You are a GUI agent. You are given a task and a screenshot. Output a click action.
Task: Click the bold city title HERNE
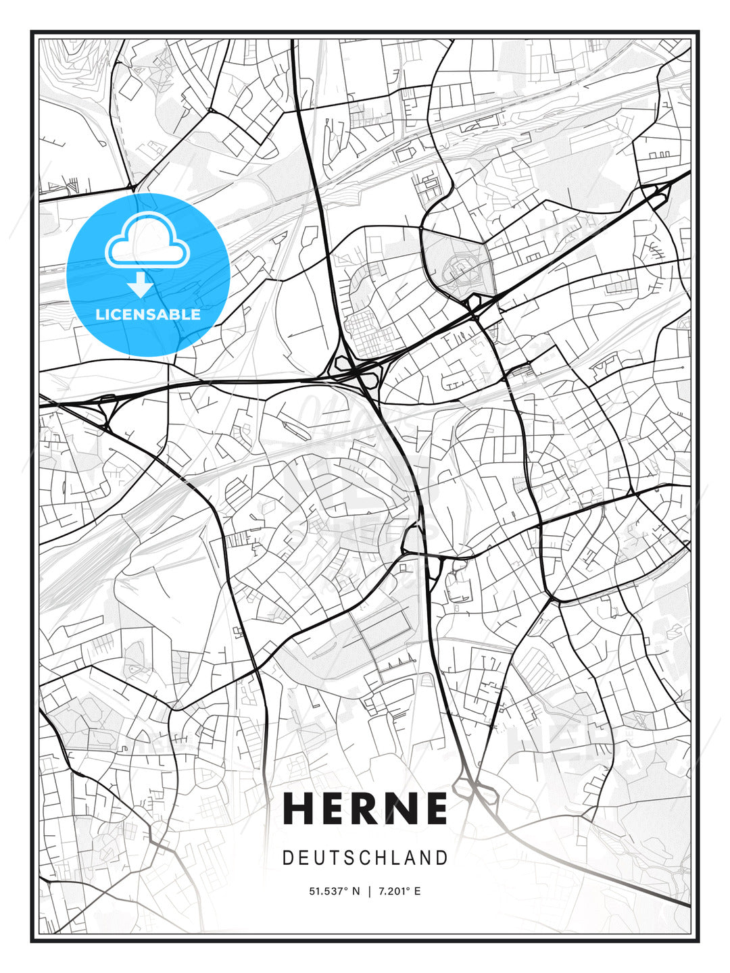(365, 808)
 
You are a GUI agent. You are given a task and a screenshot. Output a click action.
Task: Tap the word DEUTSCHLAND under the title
(365, 858)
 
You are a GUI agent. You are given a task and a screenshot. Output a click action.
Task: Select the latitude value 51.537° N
(335, 891)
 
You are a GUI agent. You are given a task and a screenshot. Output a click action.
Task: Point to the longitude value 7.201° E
(399, 891)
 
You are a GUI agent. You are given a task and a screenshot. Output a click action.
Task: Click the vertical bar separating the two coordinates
(369, 891)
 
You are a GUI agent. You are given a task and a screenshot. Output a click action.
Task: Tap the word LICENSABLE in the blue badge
(148, 314)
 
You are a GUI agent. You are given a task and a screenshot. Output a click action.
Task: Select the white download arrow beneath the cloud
(141, 284)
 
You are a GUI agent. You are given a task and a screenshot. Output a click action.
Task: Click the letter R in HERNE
(365, 808)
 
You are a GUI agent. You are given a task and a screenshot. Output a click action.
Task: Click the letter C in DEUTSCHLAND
(360, 858)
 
